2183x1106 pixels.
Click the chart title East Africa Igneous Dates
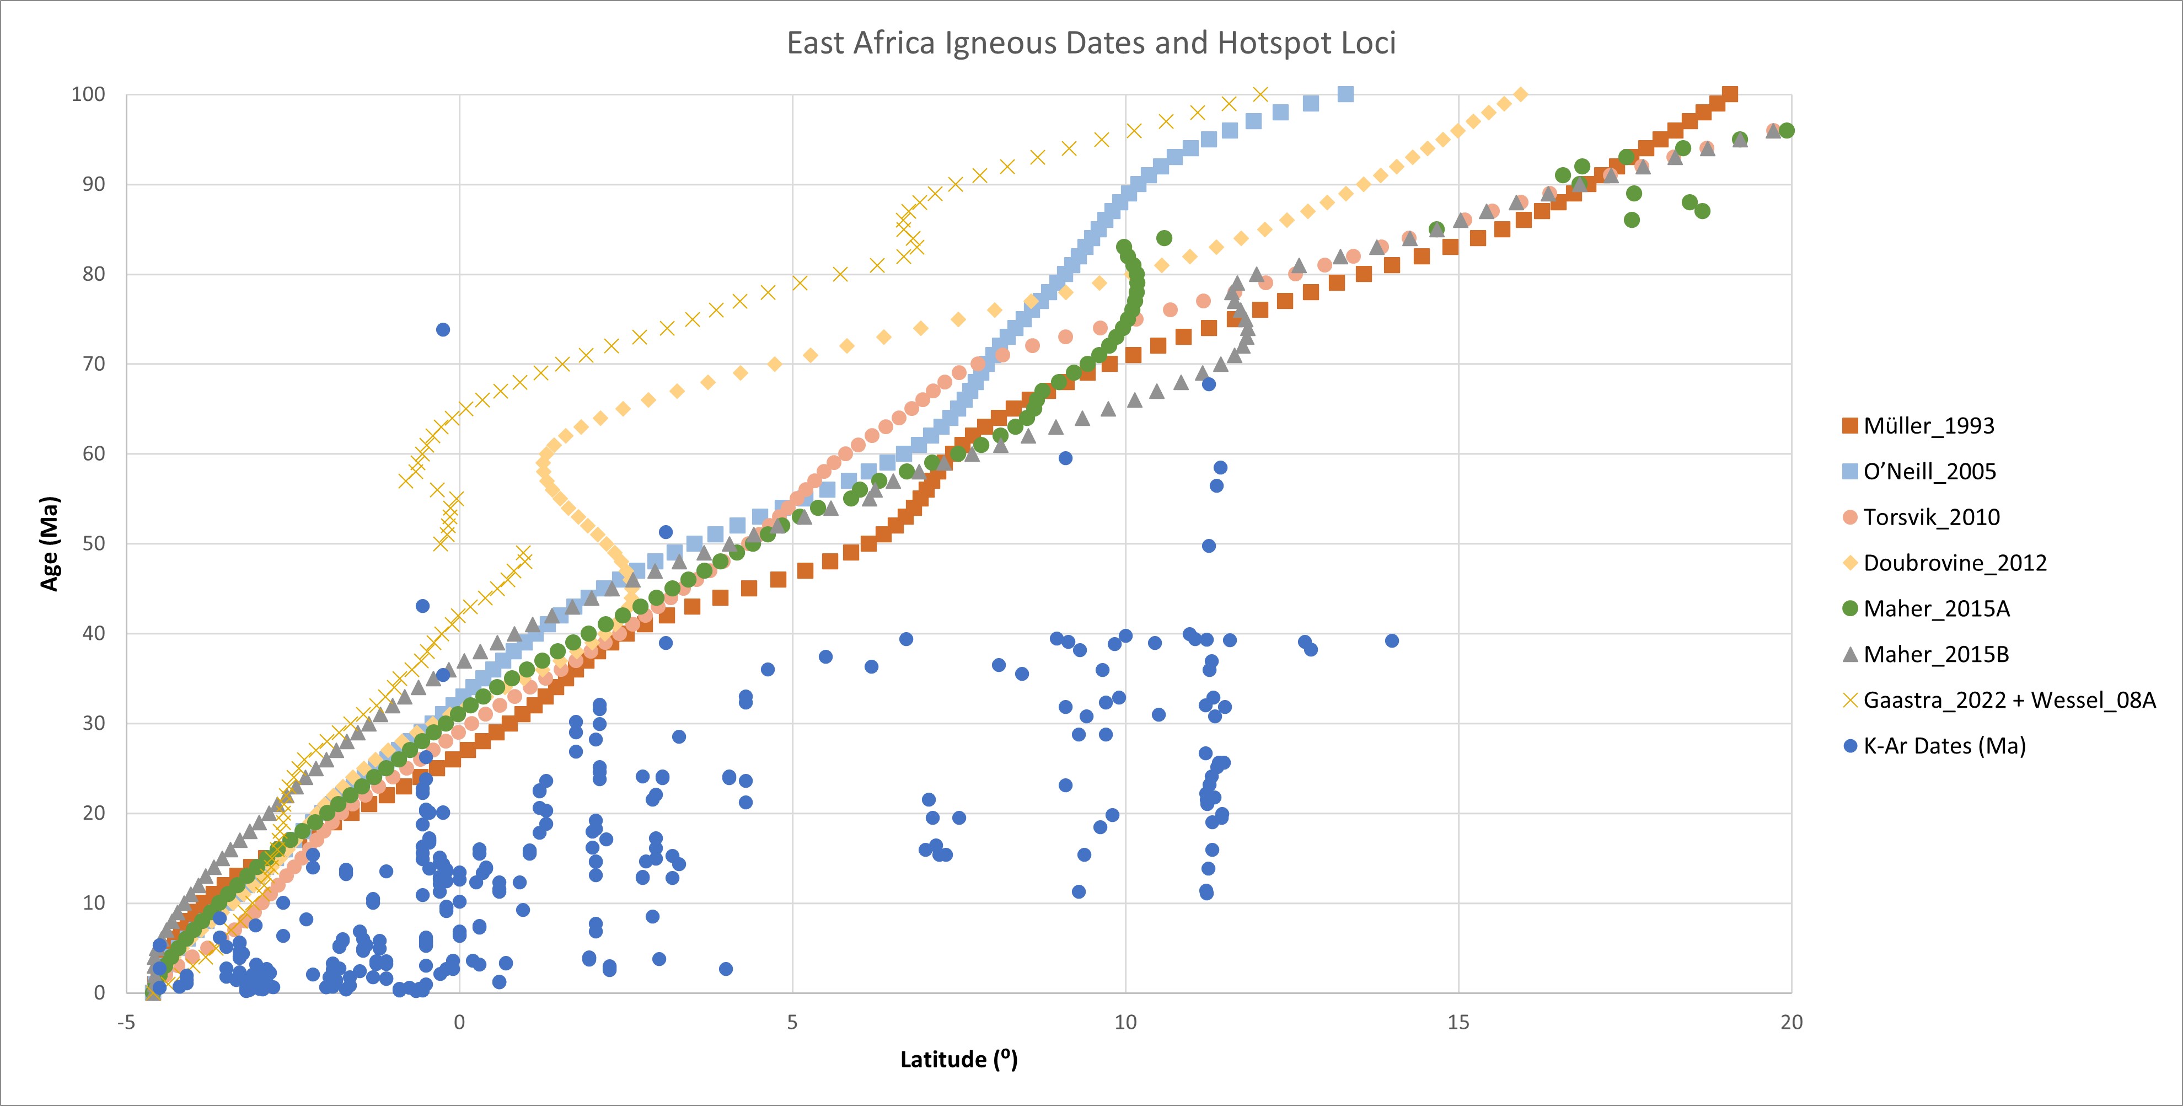[x=1091, y=43]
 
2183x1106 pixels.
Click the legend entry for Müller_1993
[x=1928, y=425]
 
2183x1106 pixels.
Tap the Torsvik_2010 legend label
[x=1930, y=517]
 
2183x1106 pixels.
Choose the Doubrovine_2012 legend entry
[x=1954, y=563]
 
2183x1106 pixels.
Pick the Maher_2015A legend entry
[x=1935, y=608]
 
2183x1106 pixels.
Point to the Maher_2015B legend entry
[x=1935, y=654]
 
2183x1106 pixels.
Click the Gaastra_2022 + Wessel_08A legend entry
[x=2008, y=700]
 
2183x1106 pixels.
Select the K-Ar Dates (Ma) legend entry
[x=1944, y=746]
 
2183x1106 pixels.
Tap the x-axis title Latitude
[x=958, y=1059]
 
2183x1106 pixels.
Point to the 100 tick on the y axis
[x=88, y=94]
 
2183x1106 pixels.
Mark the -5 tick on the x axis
[x=126, y=1022]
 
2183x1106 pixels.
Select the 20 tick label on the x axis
[x=1790, y=1022]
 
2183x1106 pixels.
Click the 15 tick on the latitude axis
[x=1457, y=1022]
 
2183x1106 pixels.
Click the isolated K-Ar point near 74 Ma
[x=442, y=330]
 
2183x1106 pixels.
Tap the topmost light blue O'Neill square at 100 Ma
[x=1345, y=94]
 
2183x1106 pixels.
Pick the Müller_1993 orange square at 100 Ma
[x=1730, y=94]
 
